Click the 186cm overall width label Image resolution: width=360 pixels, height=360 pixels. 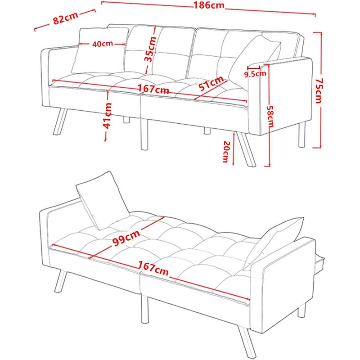209,5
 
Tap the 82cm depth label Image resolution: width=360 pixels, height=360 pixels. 65,18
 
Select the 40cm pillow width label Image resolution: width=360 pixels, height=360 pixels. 103,44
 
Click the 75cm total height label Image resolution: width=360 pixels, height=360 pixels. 319,91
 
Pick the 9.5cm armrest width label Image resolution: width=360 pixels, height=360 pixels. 255,74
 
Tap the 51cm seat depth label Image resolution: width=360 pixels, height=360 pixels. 211,83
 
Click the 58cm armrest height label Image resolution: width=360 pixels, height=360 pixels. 270,117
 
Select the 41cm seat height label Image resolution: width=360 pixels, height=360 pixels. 107,116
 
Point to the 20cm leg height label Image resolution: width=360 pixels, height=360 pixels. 226,152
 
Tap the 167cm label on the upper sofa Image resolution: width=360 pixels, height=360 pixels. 153,89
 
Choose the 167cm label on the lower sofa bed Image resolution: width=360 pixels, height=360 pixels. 153,269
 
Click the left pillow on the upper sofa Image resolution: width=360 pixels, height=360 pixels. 100,50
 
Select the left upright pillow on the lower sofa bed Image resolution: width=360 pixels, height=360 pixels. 103,200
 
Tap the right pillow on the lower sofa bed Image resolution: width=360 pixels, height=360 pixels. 273,243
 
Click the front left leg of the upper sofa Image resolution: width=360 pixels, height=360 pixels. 60,121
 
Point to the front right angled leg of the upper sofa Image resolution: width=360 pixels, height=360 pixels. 246,149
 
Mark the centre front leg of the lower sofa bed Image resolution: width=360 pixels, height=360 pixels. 144,309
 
